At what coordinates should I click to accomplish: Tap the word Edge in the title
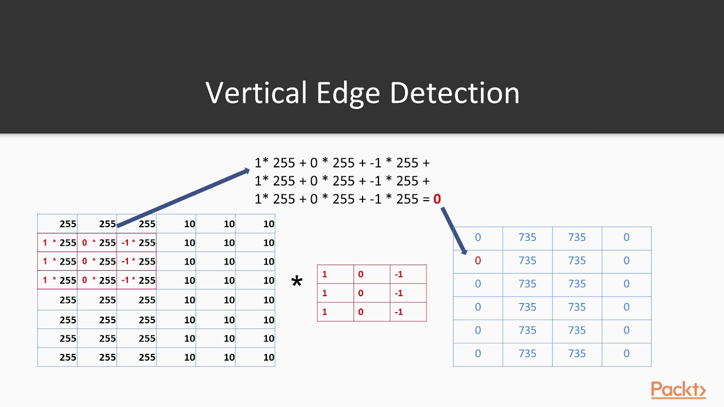[349, 93]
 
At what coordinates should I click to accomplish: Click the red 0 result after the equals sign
[437, 199]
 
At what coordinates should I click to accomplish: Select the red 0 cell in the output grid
[478, 261]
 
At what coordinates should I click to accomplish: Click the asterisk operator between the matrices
[296, 282]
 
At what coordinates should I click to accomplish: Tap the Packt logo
[678, 390]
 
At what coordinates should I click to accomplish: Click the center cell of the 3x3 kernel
[360, 293]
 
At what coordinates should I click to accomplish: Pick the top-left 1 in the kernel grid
[325, 275]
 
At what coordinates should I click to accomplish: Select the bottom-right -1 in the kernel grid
[398, 312]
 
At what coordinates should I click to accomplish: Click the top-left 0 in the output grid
[478, 237]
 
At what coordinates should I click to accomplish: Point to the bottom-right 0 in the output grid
[626, 354]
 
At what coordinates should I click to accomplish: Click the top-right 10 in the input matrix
[269, 224]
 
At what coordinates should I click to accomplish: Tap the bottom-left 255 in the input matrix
[67, 357]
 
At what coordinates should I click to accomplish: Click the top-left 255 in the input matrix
[67, 224]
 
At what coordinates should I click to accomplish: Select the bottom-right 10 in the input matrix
[269, 357]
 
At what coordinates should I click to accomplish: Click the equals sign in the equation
[425, 199]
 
